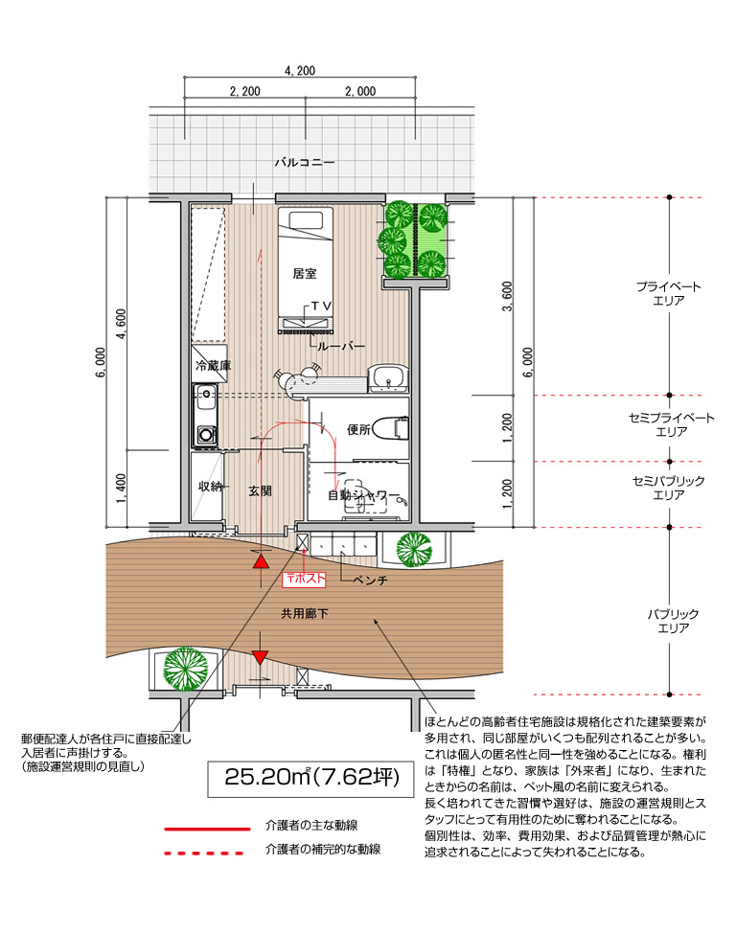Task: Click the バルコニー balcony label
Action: point(305,162)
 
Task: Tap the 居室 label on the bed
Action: point(305,274)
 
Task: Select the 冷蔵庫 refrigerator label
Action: point(213,365)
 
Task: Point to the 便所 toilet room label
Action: point(359,429)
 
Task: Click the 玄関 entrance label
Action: point(261,490)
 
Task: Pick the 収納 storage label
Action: point(210,486)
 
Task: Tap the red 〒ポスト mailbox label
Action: point(305,579)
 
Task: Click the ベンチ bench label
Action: point(369,580)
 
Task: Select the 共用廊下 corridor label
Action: point(305,613)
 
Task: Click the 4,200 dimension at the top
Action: point(300,71)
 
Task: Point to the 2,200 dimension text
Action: point(244,91)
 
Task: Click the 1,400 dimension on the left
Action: point(121,488)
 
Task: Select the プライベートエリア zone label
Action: point(669,293)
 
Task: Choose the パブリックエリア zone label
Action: point(673,621)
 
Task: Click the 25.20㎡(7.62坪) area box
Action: point(310,779)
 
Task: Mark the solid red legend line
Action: point(207,829)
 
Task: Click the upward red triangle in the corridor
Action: point(261,561)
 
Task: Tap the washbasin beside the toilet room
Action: point(388,378)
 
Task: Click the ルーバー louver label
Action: point(340,347)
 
